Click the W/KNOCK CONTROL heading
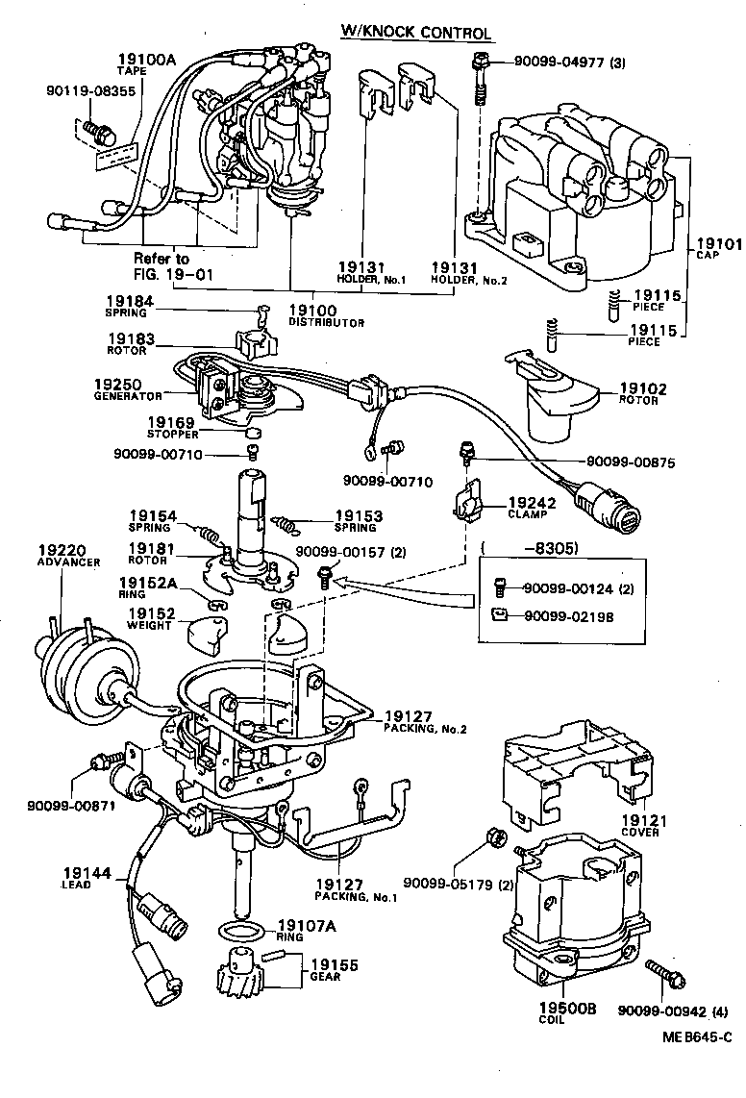[x=416, y=33]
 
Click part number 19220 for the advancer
[x=56, y=551]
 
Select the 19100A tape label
[x=147, y=60]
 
